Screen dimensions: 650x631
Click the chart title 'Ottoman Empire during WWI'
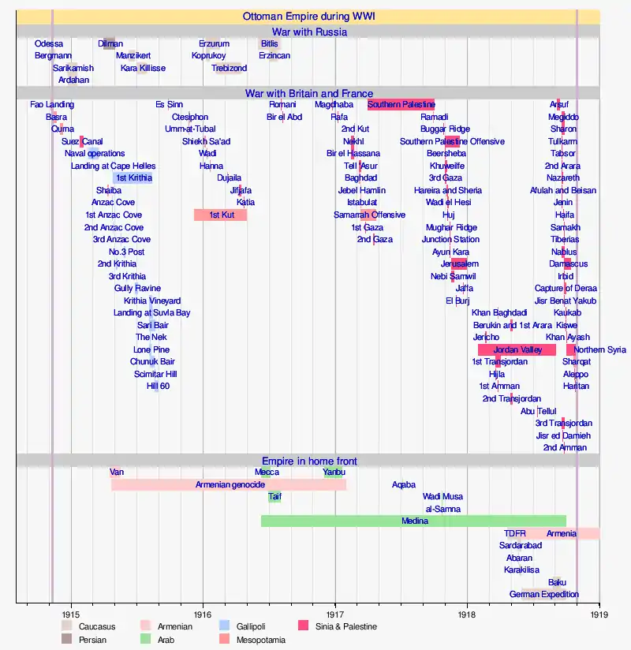(x=309, y=16)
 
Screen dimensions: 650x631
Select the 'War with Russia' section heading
(x=309, y=32)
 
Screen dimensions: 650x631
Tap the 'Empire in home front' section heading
(x=309, y=461)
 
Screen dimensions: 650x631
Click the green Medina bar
(x=414, y=521)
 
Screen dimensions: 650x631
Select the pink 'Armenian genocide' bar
(x=230, y=484)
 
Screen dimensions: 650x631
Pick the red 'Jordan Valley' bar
(x=517, y=349)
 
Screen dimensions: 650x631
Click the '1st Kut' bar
(x=221, y=215)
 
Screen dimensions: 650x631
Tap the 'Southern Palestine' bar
(x=401, y=105)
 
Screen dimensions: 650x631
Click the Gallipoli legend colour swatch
(x=225, y=626)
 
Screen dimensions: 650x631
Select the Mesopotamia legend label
(x=261, y=640)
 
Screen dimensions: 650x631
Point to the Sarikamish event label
(x=73, y=68)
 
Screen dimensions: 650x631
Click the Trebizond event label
(x=229, y=68)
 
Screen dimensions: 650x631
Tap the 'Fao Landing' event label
(x=52, y=105)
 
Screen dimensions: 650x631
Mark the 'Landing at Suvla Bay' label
(x=151, y=313)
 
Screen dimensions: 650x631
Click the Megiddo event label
(x=563, y=117)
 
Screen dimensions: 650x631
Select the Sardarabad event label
(x=521, y=545)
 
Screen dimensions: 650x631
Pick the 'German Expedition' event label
(x=544, y=594)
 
